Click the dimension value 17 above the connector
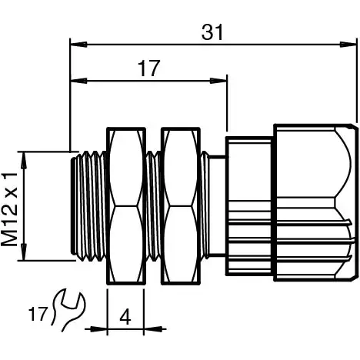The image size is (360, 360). coord(149,68)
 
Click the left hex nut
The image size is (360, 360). coord(125,206)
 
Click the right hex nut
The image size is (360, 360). coord(178,206)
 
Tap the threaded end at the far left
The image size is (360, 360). coord(88,206)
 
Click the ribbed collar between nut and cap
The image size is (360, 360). coord(248,206)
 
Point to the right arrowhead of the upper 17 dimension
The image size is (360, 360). coord(223,78)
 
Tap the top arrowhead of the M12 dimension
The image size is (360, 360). coord(25,157)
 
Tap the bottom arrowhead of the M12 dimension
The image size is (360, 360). coord(25,257)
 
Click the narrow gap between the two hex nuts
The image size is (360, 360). coord(152,206)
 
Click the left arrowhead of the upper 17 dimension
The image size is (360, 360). coord(75,78)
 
